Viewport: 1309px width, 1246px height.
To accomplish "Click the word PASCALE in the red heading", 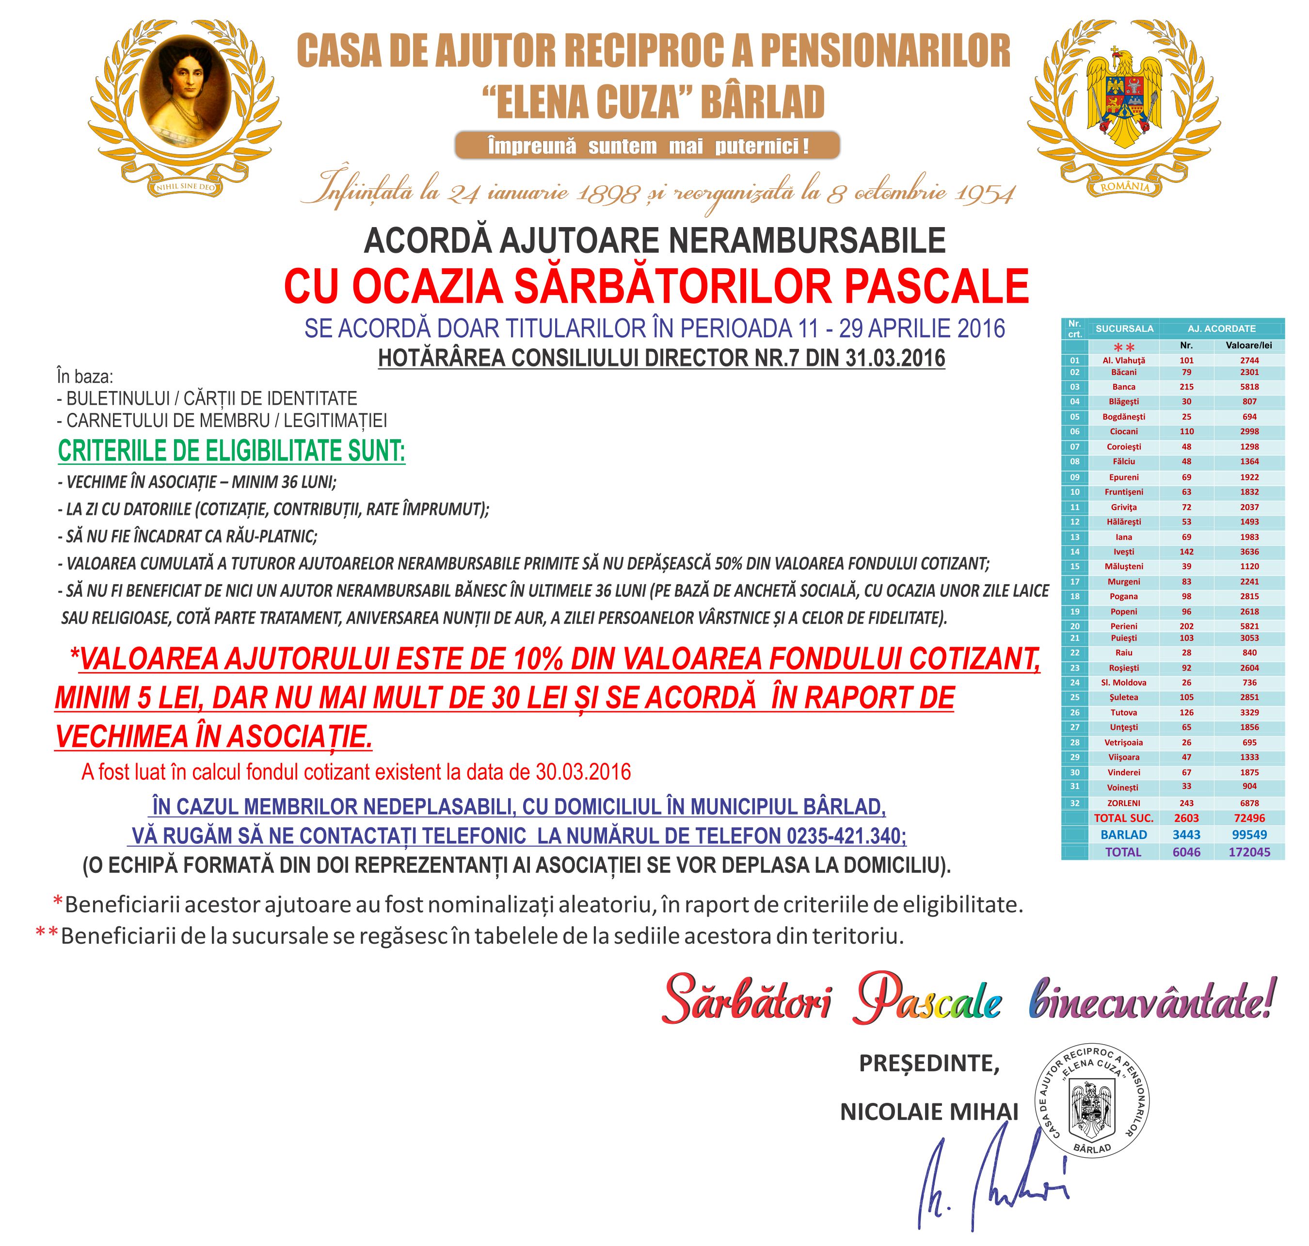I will click(x=937, y=286).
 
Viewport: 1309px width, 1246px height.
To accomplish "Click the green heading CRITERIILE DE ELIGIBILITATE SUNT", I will click(x=232, y=451).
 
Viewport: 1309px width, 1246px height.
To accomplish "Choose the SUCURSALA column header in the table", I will click(x=1124, y=329).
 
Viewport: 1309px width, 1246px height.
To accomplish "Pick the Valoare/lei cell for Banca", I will click(x=1249, y=387).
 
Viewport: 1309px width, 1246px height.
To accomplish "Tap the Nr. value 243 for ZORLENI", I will click(x=1186, y=803).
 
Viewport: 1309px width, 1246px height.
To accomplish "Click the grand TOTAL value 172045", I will click(x=1249, y=852).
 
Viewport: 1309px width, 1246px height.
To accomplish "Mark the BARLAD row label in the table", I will click(x=1123, y=835).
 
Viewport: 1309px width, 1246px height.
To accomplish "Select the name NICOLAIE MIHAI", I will click(x=928, y=1111).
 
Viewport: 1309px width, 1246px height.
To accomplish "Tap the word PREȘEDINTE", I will click(x=928, y=1064).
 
